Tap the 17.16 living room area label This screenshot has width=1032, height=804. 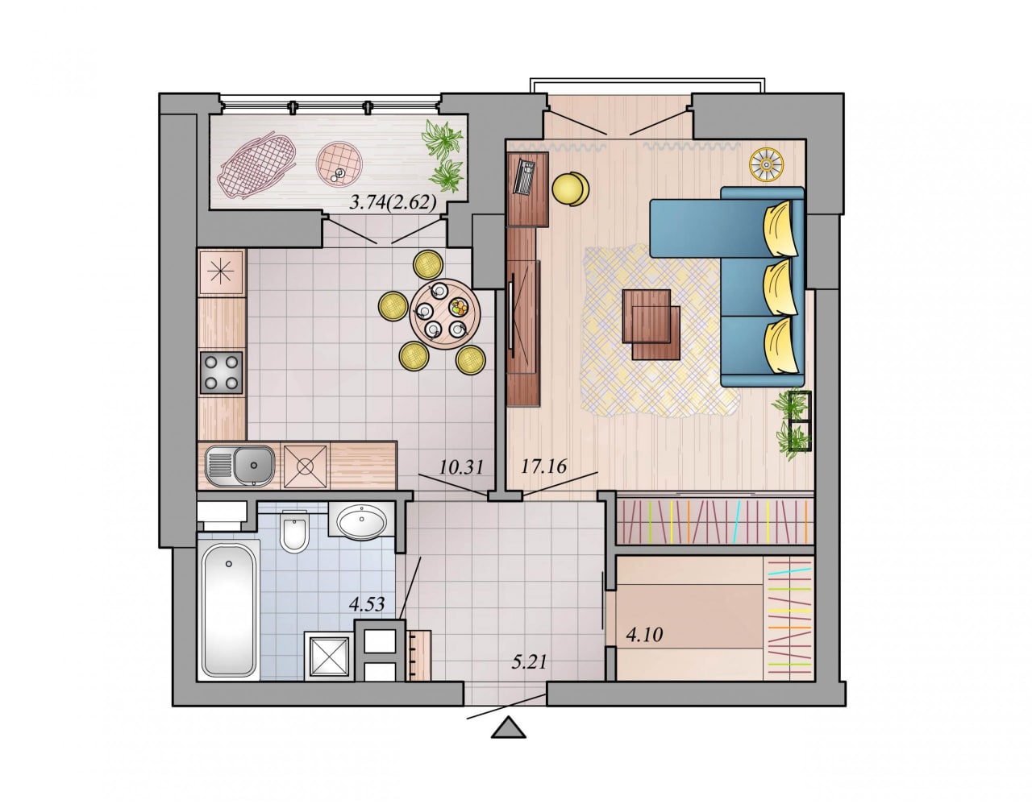pos(543,466)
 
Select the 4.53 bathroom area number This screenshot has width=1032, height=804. pos(366,604)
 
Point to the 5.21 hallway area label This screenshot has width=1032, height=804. pos(529,661)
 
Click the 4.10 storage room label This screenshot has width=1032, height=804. pos(644,634)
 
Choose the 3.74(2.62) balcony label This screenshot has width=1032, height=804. pos(393,202)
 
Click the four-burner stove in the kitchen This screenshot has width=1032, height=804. pos(221,372)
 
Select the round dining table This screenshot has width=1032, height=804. pos(445,314)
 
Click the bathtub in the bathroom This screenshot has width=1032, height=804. pos(228,611)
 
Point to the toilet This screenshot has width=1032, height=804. pos(294,531)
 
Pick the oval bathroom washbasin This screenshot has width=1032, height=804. pos(361,522)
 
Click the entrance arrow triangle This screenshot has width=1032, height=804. pos(508,728)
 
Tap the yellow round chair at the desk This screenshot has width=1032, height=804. pos(570,189)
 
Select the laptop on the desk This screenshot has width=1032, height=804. pos(525,176)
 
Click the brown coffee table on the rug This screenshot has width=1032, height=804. pos(651,324)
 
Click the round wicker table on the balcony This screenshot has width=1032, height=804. pos(339,164)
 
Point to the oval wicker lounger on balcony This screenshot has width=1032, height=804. pos(257,164)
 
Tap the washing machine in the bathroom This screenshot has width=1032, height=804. pos(329,656)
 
